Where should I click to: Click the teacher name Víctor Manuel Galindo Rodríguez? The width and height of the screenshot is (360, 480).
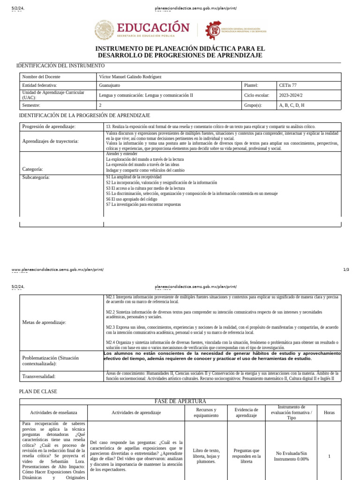pyautogui.click(x=133, y=77)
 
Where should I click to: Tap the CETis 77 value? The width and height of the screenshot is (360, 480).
pyautogui.click(x=288, y=86)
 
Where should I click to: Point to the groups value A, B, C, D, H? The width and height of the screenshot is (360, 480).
pyautogui.click(x=292, y=105)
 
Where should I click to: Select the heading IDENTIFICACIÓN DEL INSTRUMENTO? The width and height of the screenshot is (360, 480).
pyautogui.click(x=60, y=66)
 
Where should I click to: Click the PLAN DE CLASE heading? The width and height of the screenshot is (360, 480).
pyautogui.click(x=38, y=391)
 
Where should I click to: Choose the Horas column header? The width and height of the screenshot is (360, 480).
pyautogui.click(x=329, y=412)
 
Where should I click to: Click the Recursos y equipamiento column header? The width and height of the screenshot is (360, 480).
pyautogui.click(x=206, y=412)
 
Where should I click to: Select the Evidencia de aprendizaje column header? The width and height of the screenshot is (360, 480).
pyautogui.click(x=246, y=412)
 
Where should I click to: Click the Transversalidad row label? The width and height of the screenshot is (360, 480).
pyautogui.click(x=39, y=376)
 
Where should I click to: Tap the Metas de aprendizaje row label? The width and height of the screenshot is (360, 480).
pyautogui.click(x=44, y=322)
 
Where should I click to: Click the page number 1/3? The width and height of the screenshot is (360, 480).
pyautogui.click(x=346, y=270)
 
